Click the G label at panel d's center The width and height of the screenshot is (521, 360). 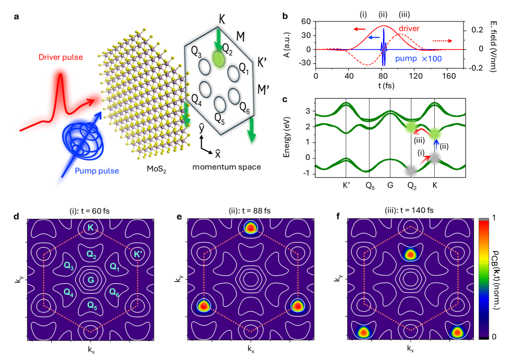pyautogui.click(x=91, y=280)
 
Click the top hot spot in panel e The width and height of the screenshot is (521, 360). pyautogui.click(x=251, y=227)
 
